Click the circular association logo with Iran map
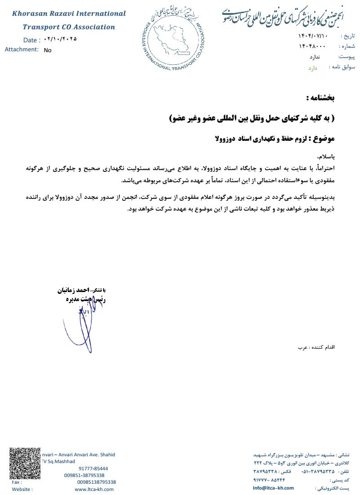(176, 40)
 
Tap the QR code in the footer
(25, 463)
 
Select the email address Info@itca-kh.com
(273, 488)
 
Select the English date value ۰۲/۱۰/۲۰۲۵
(60, 39)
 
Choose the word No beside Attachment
(48, 50)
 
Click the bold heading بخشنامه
(320, 98)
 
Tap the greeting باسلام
(326, 157)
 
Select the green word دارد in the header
(312, 68)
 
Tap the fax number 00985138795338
(97, 482)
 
